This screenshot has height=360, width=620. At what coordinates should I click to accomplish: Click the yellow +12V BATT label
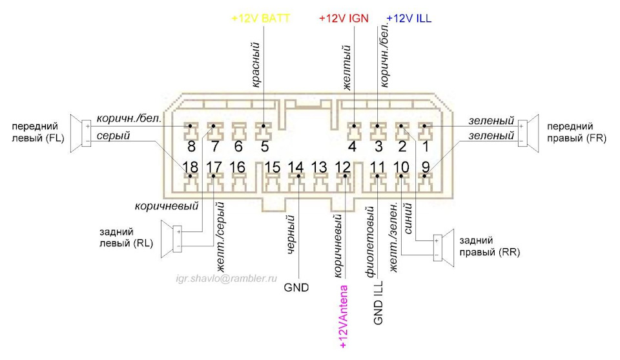point(260,18)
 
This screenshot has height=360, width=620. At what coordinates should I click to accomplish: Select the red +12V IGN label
point(344,18)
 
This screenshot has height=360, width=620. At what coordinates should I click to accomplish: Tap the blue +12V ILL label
point(409,18)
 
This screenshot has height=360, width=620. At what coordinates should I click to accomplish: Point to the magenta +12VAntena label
point(343,317)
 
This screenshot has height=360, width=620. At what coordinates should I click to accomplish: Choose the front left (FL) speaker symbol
point(81,133)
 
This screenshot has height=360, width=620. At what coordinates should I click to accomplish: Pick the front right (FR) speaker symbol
point(528,133)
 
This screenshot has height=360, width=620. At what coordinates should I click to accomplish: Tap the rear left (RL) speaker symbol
point(171,239)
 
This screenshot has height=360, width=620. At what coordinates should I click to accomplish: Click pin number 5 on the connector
point(265,147)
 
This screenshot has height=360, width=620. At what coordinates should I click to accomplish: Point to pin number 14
point(295,167)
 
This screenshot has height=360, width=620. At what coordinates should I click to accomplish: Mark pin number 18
point(190,167)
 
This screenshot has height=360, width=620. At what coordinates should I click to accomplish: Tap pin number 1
point(426,147)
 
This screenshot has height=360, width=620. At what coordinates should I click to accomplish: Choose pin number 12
point(343,167)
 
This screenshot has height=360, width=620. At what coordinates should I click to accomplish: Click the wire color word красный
point(256,65)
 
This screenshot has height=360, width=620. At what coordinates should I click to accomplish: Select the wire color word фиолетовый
point(370,241)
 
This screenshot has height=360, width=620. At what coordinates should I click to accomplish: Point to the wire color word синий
point(408,218)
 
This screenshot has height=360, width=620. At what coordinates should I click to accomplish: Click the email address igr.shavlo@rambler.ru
point(227,279)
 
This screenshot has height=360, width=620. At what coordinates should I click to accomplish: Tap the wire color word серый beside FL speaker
point(113,136)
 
